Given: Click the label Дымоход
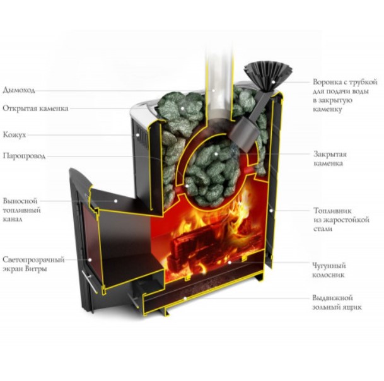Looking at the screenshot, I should click(20, 90).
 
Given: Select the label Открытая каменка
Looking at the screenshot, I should click(35, 108).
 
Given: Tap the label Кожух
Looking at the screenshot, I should click(15, 135).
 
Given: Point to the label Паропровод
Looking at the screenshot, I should click(25, 156).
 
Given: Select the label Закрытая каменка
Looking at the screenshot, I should click(329, 158).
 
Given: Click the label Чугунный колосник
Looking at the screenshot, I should click(329, 271).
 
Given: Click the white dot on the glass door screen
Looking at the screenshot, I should click(91, 258).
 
